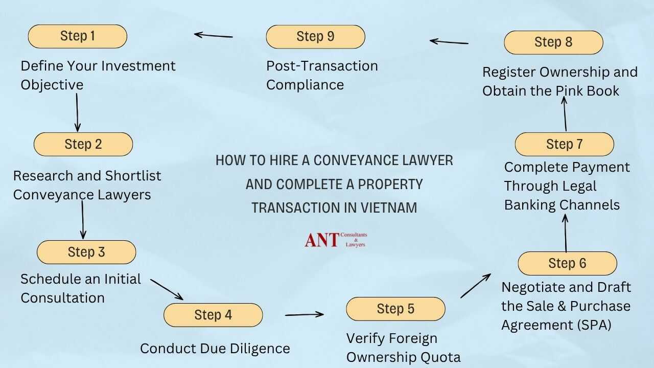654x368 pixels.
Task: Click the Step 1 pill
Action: click(77, 36)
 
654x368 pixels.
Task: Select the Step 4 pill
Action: click(213, 315)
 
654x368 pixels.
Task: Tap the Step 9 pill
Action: click(315, 37)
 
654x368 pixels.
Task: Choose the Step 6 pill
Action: click(567, 264)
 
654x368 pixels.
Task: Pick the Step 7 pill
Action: click(564, 144)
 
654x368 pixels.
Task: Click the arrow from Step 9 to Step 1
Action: click(214, 35)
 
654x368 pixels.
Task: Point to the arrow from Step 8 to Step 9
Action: click(449, 42)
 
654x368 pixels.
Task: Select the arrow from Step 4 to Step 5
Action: click(305, 314)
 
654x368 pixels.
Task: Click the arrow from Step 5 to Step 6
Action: click(476, 285)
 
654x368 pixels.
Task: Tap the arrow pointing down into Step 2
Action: click(77, 112)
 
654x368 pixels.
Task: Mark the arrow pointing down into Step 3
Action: click(82, 220)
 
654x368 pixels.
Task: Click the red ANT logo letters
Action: click(321, 239)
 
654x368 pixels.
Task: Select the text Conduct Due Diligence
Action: click(215, 349)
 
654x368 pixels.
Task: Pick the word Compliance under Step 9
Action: click(305, 84)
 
